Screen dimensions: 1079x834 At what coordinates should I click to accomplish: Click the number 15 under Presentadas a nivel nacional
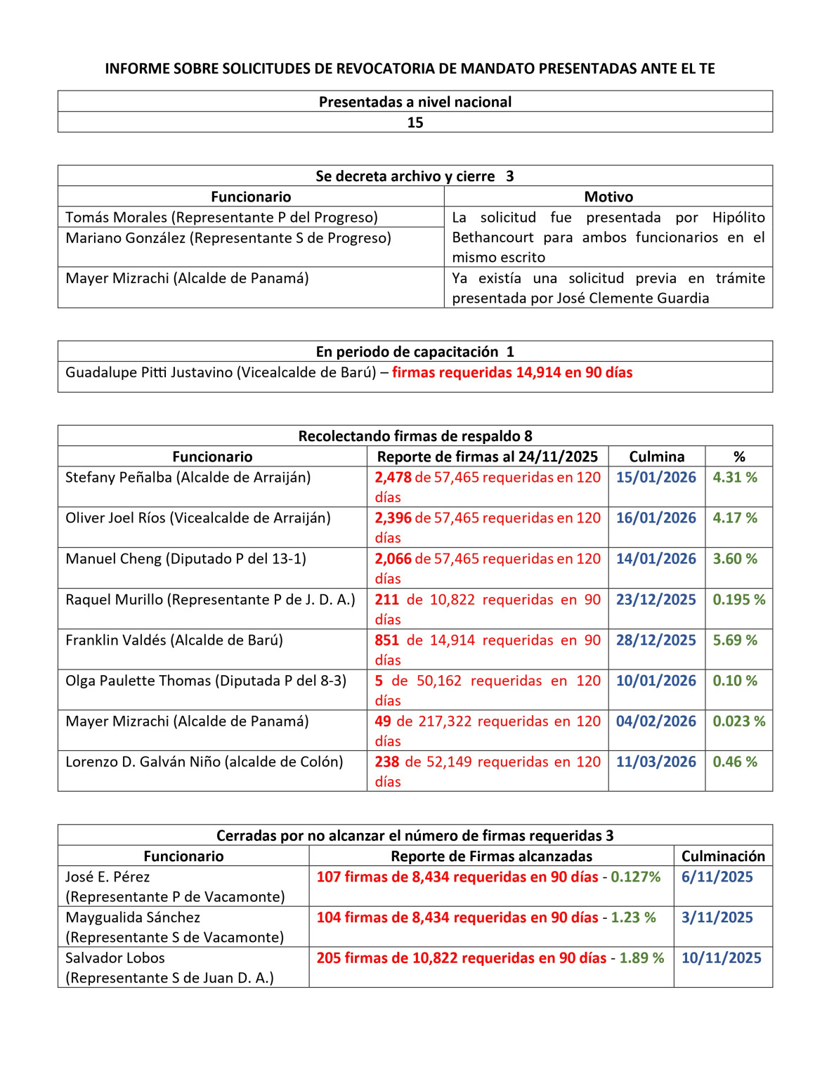[x=415, y=122]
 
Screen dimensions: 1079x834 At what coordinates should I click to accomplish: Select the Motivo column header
[x=608, y=197]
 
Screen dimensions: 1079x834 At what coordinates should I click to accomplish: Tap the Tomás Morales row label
[x=221, y=217]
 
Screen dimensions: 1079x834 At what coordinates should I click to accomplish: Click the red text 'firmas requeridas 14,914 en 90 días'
[x=512, y=372]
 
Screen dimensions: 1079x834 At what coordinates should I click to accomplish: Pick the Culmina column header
[x=656, y=457]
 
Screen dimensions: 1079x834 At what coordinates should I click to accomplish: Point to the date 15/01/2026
[x=656, y=477]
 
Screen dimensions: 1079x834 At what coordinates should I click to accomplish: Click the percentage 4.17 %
[x=735, y=518]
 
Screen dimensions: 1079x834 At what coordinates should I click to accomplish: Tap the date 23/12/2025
[x=656, y=599]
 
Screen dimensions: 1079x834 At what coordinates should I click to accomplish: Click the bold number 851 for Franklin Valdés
[x=386, y=640]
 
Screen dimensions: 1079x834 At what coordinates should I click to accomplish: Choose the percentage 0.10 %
[x=735, y=681]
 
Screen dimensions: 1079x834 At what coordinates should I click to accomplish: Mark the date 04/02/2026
[x=656, y=721]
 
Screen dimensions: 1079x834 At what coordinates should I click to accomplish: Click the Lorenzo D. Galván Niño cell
[x=204, y=761]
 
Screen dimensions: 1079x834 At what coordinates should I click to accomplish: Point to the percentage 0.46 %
[x=735, y=761]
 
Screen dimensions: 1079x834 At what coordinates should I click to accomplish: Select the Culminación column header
[x=723, y=856]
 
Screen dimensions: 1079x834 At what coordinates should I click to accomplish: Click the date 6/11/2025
[x=717, y=877]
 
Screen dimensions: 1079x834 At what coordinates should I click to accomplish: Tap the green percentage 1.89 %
[x=641, y=957]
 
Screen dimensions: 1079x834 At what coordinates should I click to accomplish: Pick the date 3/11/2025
[x=717, y=917]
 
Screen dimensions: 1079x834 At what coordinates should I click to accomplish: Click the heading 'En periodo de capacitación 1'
[x=415, y=351]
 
